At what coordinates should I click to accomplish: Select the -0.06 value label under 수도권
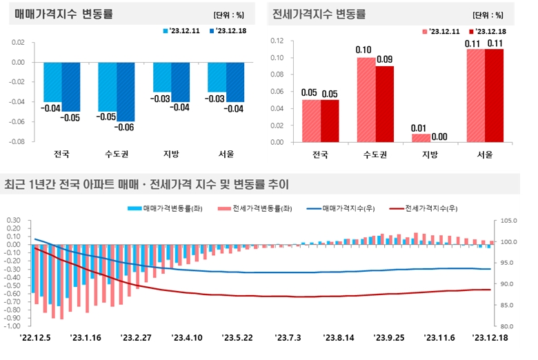126,127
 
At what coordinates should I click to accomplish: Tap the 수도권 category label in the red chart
375,154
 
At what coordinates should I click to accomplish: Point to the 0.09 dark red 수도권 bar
384,103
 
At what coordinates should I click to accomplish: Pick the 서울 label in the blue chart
226,154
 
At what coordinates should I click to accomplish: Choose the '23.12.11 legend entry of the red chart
439,31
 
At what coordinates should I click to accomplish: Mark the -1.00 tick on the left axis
14,326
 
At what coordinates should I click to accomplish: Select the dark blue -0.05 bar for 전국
71,86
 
